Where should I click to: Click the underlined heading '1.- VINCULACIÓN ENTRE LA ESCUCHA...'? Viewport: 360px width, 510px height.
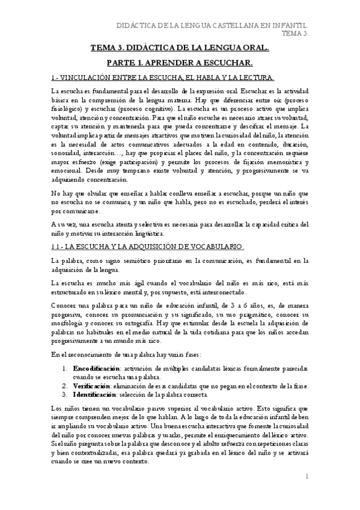pos(163,77)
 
